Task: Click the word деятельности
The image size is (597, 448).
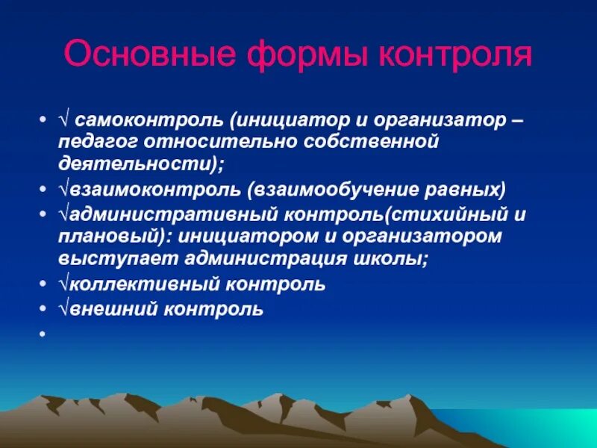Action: click(x=127, y=161)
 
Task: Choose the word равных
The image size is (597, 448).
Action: click(x=454, y=187)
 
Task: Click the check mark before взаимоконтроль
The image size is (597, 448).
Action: click(x=62, y=187)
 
